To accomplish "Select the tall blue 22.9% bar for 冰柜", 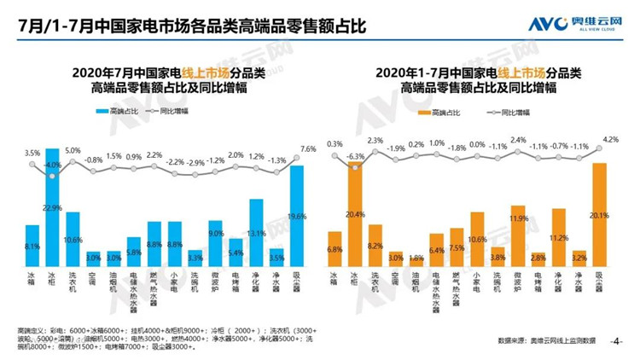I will coord(53,209).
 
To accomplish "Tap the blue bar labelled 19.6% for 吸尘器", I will coord(297,218).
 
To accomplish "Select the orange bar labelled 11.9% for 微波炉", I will coord(517,237).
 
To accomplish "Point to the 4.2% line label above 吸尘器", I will coord(609,139).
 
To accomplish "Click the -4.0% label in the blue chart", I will coord(53,165).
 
